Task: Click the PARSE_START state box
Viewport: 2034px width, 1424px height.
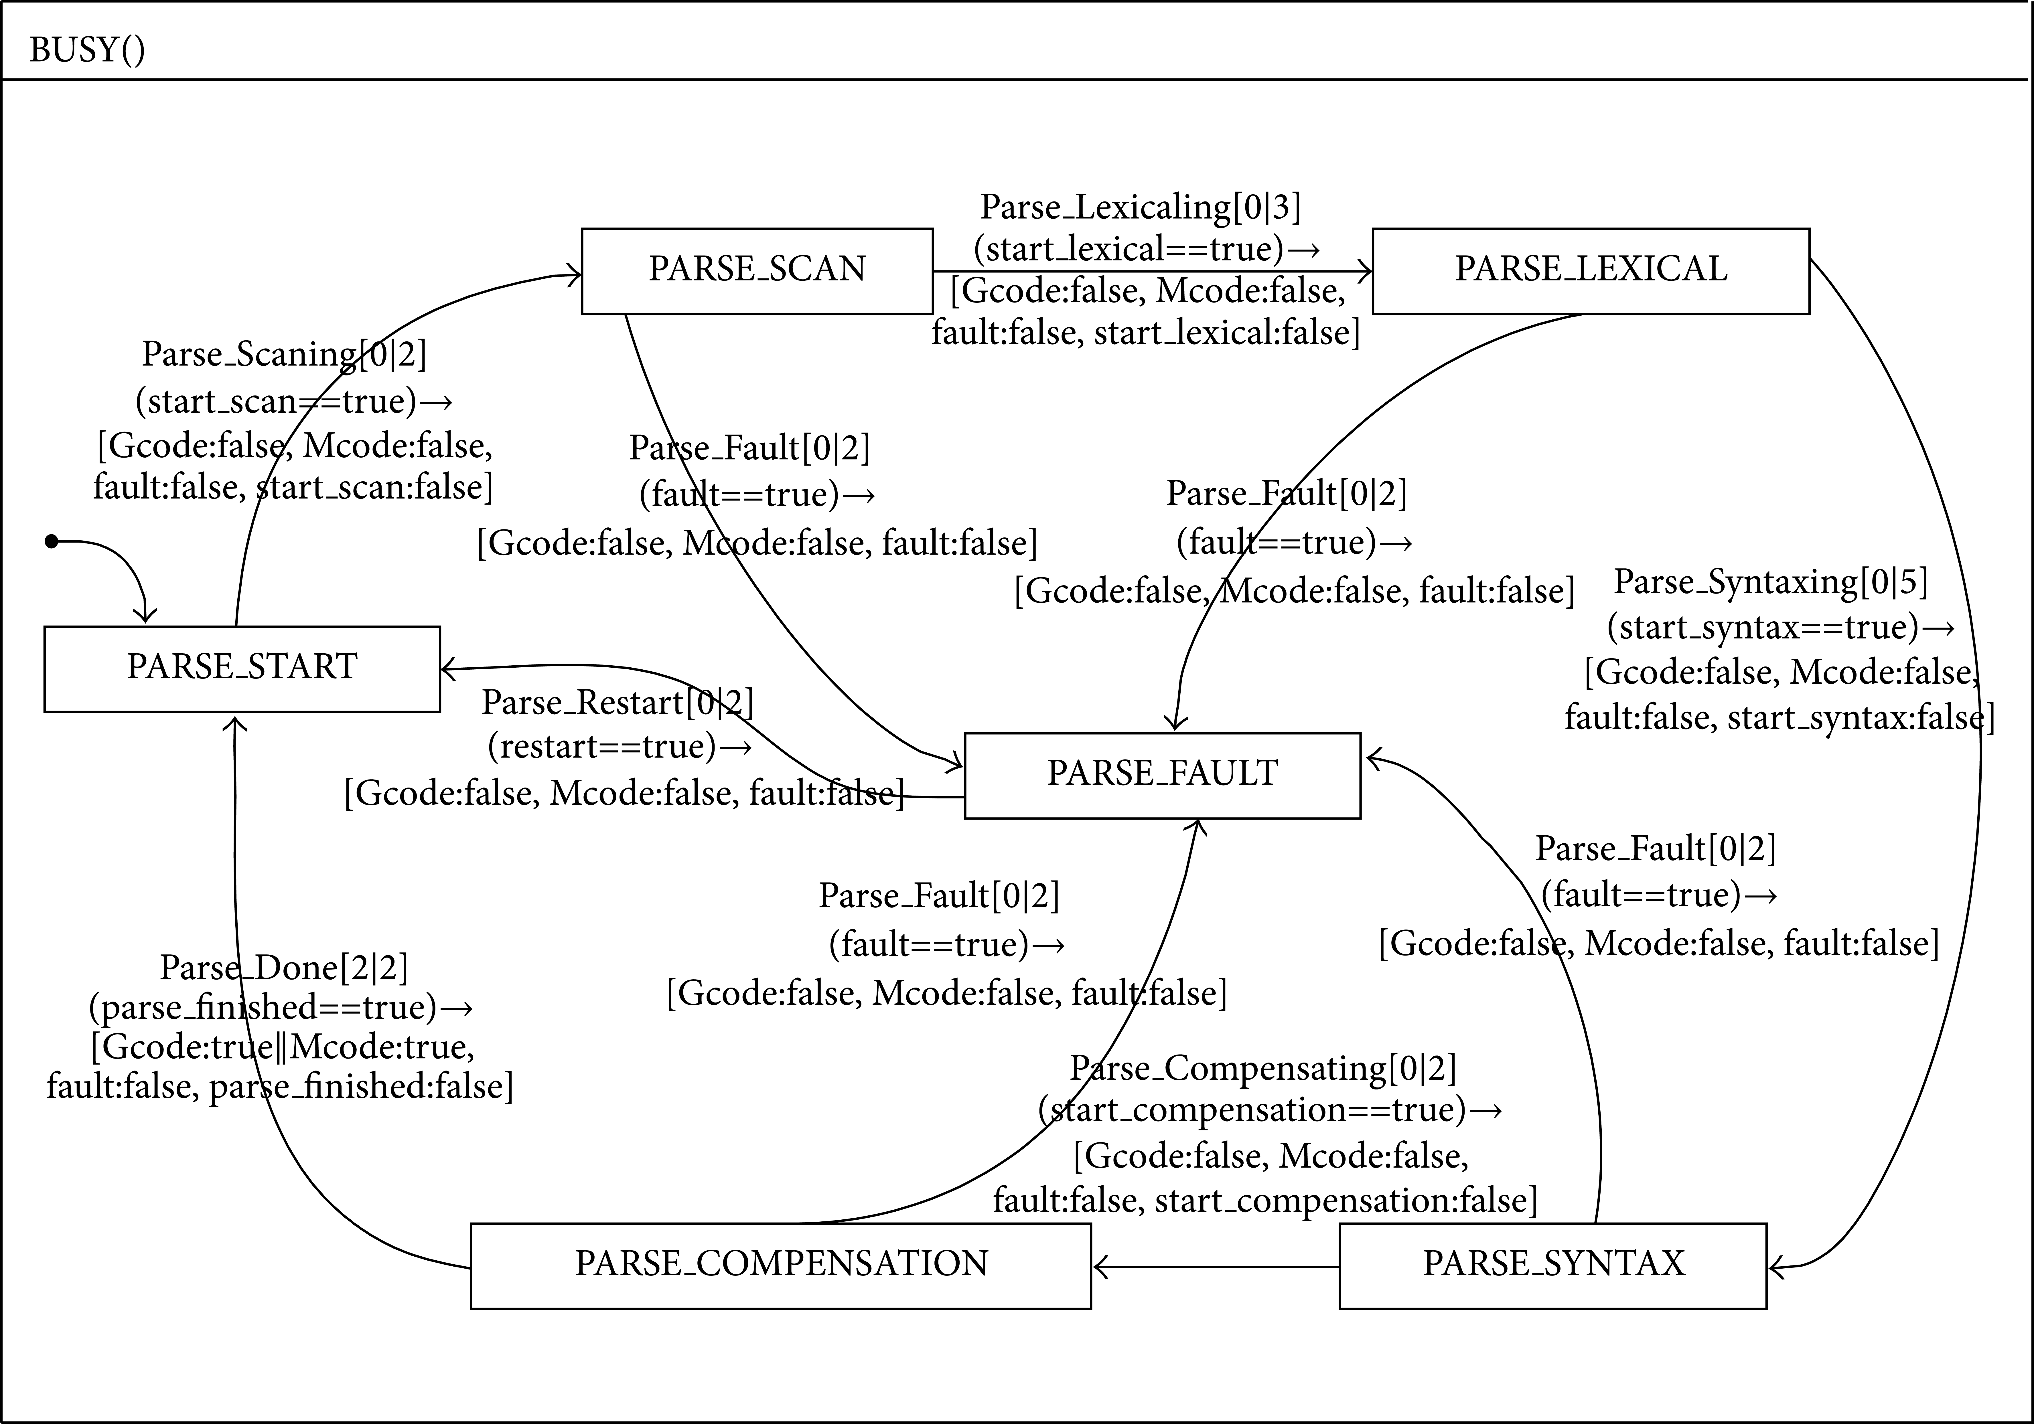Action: tap(242, 669)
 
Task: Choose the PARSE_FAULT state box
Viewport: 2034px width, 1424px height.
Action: tap(1162, 775)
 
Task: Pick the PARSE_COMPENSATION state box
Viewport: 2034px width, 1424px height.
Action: tap(780, 1265)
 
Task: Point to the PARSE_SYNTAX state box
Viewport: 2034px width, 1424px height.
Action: tap(1553, 1265)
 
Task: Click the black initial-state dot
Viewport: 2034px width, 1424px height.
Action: tap(51, 541)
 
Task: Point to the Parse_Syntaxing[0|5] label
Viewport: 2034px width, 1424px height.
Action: tap(1771, 582)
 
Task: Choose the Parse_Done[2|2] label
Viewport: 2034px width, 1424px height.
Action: tap(283, 968)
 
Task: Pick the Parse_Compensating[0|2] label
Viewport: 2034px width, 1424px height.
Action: tap(1263, 1068)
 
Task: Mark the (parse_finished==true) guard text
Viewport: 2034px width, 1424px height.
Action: tap(263, 1008)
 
